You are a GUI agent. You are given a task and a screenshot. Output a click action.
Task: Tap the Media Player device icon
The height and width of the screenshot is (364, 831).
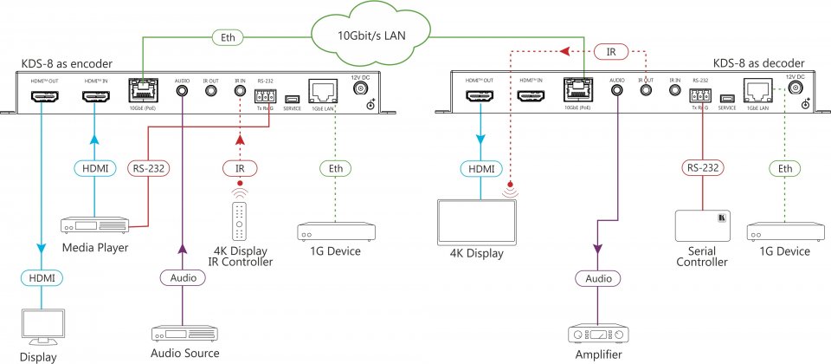[x=94, y=224]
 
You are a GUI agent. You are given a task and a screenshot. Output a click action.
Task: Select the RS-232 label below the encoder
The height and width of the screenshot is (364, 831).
[x=151, y=166]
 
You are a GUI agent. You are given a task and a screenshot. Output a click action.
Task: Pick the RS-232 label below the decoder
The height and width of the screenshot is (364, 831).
[x=701, y=166]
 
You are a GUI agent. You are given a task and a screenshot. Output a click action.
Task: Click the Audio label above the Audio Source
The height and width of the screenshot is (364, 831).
[x=183, y=277]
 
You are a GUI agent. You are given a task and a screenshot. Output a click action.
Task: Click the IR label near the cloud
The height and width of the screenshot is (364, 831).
[x=611, y=52]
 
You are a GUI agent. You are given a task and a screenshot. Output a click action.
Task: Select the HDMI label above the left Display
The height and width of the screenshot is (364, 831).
[x=42, y=277]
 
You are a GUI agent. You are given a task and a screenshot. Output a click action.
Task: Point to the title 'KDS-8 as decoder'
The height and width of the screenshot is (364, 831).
[x=759, y=63]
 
